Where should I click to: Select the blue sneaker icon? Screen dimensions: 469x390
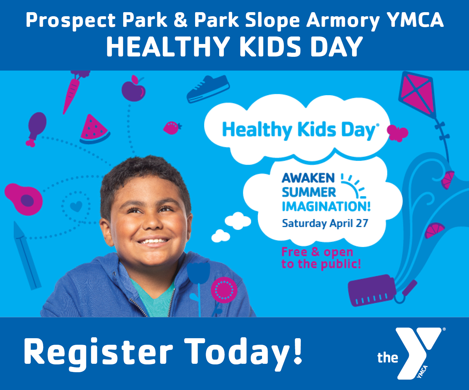(x=208, y=89)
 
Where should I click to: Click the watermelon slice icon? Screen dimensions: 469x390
(x=94, y=130)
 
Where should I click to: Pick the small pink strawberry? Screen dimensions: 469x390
(x=172, y=128)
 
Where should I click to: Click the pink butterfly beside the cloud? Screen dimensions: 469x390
(x=397, y=133)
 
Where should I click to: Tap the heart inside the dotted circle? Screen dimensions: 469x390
(x=76, y=206)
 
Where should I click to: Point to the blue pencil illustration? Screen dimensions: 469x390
(x=27, y=256)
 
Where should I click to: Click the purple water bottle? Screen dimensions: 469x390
(x=372, y=290)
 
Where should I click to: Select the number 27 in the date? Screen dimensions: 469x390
(x=362, y=223)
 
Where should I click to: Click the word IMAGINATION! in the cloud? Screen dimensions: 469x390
(x=326, y=207)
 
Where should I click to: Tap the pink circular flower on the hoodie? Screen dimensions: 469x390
(x=224, y=290)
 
